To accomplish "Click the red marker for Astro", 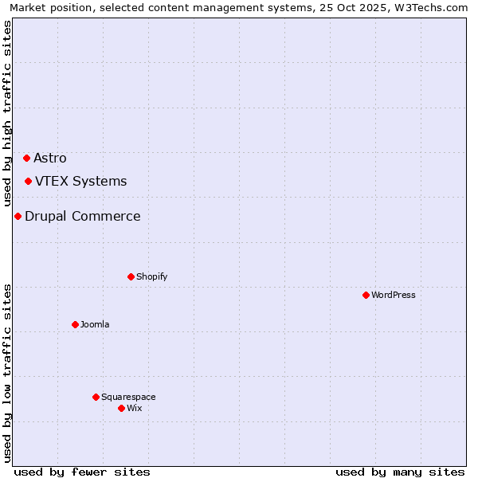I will click(x=26, y=158).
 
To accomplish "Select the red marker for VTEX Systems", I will click(x=28, y=181).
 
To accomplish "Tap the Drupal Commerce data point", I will click(x=18, y=216).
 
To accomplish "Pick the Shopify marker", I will click(x=131, y=276).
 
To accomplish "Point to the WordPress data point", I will click(x=366, y=295).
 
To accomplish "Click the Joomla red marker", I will click(x=75, y=324).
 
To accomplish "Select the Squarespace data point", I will click(x=96, y=397).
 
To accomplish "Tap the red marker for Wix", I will click(x=121, y=408).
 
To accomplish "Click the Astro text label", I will click(x=50, y=158).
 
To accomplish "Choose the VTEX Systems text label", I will click(x=80, y=181).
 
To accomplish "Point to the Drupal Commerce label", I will click(x=83, y=216).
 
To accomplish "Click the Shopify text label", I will click(x=151, y=276).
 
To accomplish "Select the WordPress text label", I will click(x=394, y=295).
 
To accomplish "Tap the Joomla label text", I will click(x=95, y=324).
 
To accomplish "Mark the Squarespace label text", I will click(x=128, y=397).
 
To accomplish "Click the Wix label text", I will click(x=134, y=408).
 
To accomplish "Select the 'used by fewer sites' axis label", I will click(x=82, y=472).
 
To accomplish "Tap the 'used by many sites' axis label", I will click(x=400, y=472).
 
